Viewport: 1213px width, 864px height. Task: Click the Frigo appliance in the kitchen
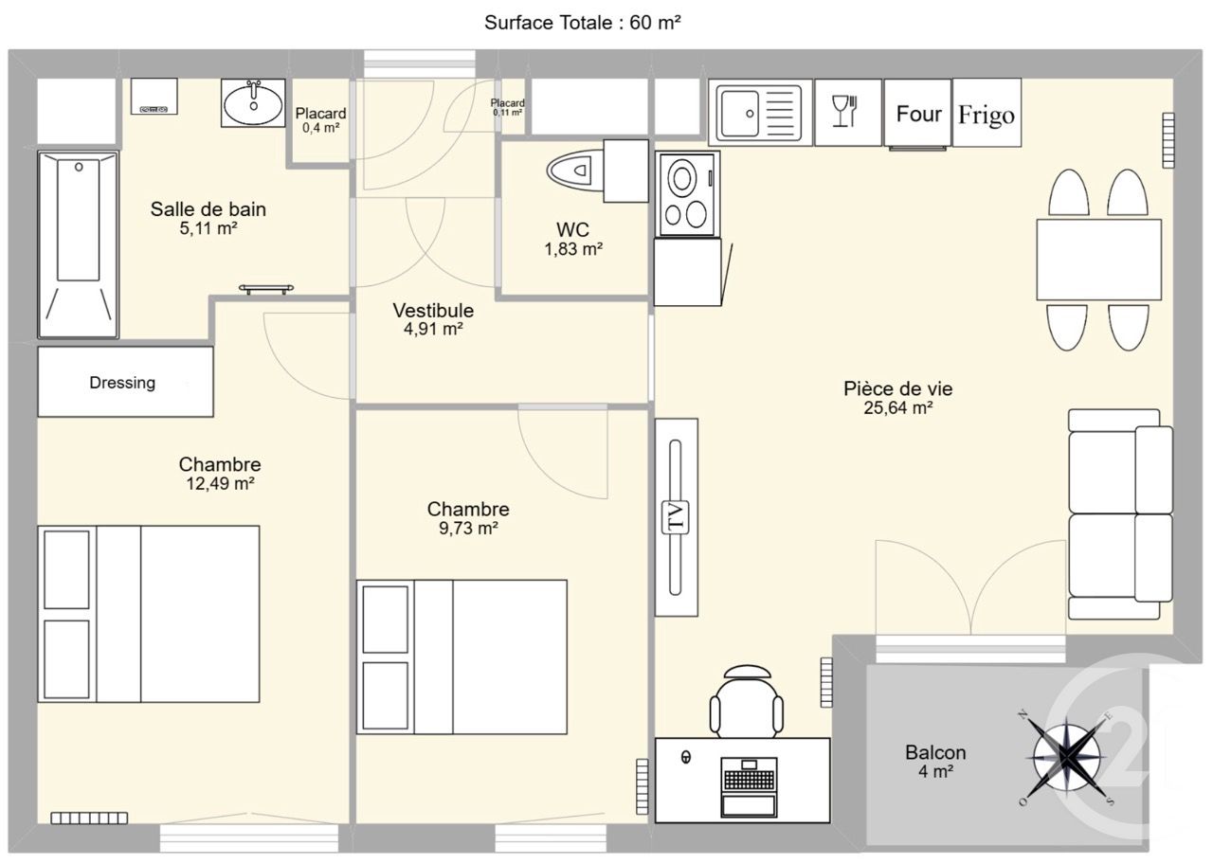point(987,114)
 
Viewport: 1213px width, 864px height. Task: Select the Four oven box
point(918,114)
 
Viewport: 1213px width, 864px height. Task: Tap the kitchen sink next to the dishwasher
point(760,113)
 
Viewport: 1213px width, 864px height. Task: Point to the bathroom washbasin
point(253,102)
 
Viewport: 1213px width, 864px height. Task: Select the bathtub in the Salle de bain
point(78,243)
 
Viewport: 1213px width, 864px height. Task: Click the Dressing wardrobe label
point(122,383)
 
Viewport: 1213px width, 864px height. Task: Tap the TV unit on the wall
point(676,517)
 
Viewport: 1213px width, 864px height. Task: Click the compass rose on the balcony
point(1068,755)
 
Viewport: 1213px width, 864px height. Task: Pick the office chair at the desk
point(747,702)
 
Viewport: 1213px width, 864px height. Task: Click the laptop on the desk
point(750,786)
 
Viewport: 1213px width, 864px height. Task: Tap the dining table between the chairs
point(1098,260)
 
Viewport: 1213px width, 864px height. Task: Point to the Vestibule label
point(433,311)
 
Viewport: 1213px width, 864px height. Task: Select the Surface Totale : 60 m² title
point(583,23)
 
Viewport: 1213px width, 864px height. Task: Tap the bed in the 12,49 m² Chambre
point(149,614)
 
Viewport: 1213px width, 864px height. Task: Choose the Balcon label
point(935,752)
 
